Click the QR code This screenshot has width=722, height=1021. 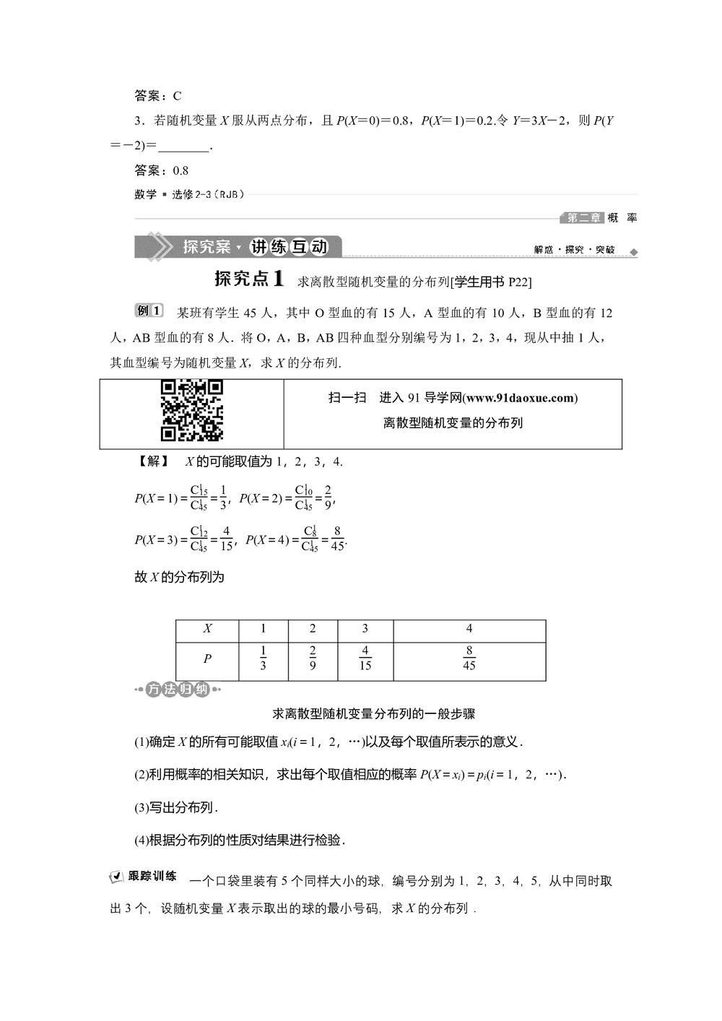click(x=191, y=410)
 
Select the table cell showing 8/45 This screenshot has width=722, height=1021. click(x=469, y=659)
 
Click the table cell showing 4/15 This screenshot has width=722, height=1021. click(x=365, y=659)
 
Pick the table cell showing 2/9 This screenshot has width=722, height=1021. click(x=313, y=659)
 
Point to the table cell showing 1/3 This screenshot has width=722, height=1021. click(x=263, y=659)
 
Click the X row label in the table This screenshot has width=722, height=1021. click(x=207, y=628)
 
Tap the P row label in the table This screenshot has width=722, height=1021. click(x=207, y=659)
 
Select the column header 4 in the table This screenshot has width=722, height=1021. click(x=469, y=628)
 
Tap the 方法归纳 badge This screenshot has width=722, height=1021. click(x=177, y=690)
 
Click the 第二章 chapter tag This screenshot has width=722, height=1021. click(x=583, y=217)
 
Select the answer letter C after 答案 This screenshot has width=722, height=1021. click(x=178, y=96)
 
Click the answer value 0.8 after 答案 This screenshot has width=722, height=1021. click(x=180, y=170)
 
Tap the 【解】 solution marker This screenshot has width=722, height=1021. click(x=152, y=461)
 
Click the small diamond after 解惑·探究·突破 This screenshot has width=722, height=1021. click(x=634, y=252)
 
